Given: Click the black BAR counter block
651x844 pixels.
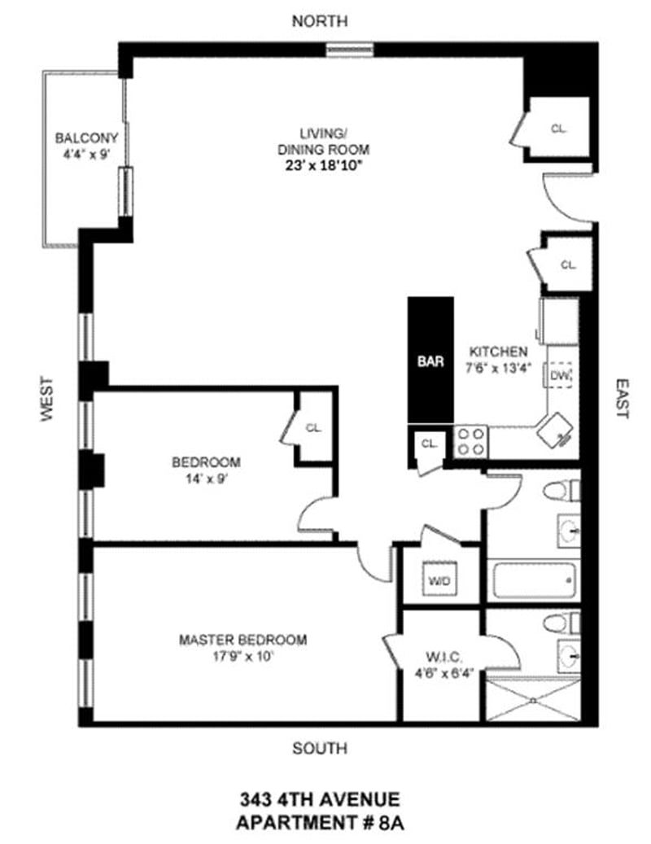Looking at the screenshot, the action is coord(430,360).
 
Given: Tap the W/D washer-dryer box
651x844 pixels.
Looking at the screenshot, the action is coord(439,579).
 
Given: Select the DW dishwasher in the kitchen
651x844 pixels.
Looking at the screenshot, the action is coord(560,375).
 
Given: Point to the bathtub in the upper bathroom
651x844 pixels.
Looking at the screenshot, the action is coord(533,580).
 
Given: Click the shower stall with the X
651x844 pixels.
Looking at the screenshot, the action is coord(533,700).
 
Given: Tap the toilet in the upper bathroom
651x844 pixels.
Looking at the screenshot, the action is coord(561,491).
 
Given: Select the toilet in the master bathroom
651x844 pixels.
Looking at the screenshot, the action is coord(561,623).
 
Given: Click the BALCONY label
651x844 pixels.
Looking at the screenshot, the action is coord(86,138).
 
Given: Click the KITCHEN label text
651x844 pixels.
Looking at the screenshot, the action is coord(498,352).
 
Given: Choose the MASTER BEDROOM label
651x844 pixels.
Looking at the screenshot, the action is coord(242,640).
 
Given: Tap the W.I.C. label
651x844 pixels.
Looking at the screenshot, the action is coord(443,658).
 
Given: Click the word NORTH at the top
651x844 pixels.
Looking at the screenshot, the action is coord(320,21).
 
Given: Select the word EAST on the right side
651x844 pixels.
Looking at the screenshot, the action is coord(622,398).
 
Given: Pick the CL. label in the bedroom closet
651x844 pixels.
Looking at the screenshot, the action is coord(313,428).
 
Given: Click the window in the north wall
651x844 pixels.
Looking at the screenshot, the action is coord(350,50).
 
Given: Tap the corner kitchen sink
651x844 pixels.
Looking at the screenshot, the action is coord(555,430).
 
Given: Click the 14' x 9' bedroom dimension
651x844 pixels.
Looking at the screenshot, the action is coord(208,479).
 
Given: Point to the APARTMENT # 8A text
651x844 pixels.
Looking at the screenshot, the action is coord(320,823).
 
